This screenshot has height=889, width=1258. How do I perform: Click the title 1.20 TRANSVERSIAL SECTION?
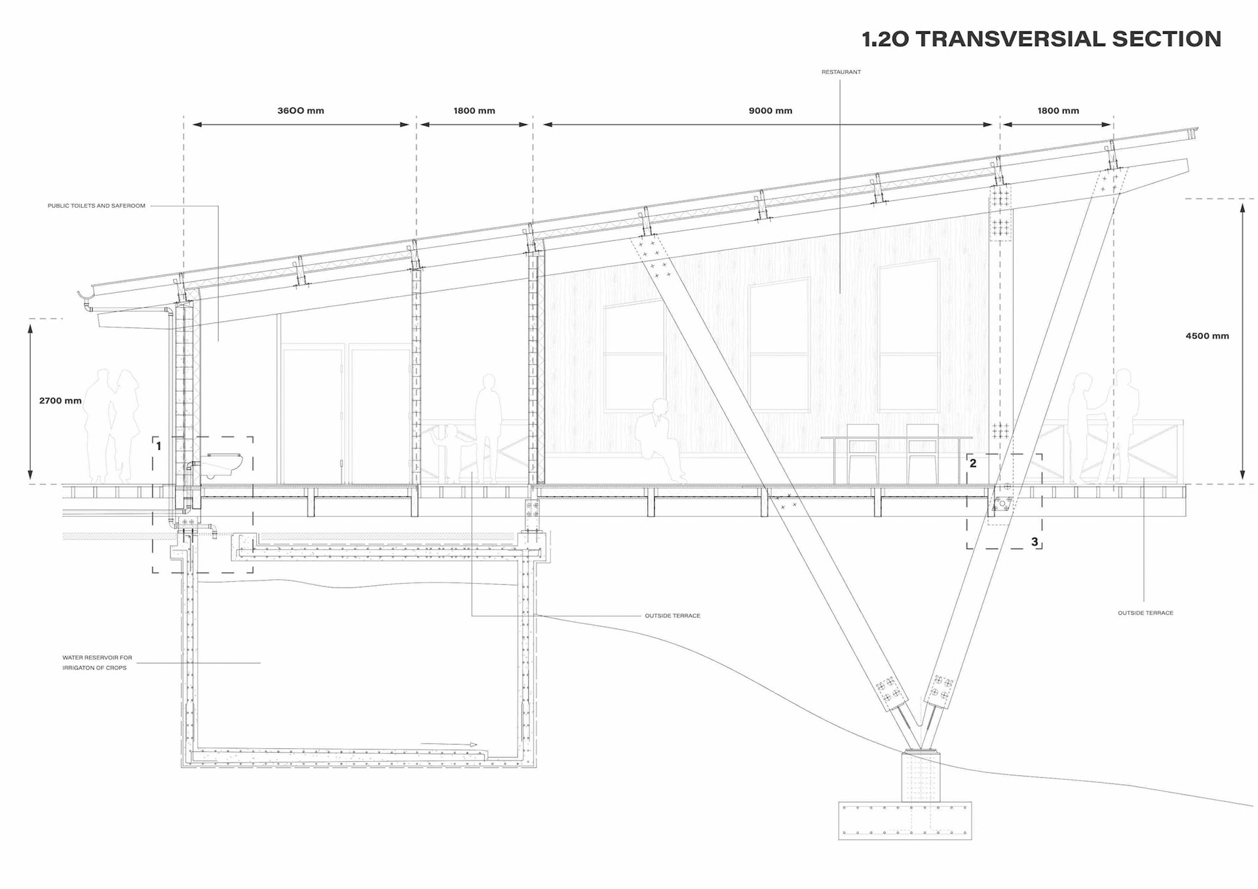point(1041,39)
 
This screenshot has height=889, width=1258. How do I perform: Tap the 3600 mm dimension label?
point(301,111)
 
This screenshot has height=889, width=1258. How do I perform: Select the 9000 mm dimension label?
point(771,111)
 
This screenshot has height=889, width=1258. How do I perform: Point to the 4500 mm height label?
point(1207,336)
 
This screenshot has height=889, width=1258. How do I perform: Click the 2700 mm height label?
point(60,400)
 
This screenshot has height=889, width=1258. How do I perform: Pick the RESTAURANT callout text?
point(841,72)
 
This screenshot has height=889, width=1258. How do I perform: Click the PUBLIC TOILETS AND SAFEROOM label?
point(96,206)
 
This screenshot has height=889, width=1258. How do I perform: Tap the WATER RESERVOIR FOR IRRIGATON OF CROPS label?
point(97,662)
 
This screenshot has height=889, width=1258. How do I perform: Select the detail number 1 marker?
point(159,446)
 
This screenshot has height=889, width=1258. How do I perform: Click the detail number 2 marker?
point(973,463)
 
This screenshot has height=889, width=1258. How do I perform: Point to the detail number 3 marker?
point(1035,542)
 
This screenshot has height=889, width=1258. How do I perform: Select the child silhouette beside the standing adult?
point(451,452)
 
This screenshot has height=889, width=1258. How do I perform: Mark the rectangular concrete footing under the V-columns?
point(905,820)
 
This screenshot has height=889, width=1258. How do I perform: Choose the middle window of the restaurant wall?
point(779,345)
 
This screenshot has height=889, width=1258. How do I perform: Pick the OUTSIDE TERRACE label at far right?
point(1145,613)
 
